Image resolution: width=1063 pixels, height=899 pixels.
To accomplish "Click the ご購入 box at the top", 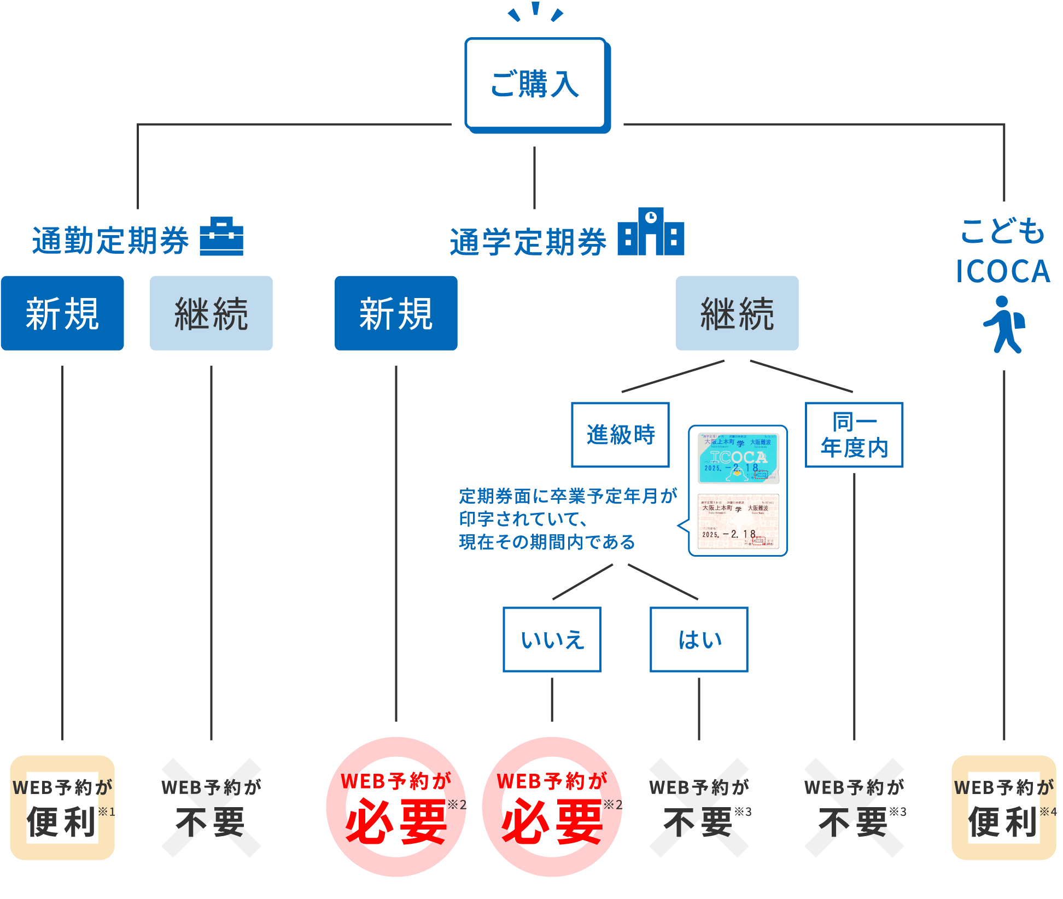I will tap(536, 84).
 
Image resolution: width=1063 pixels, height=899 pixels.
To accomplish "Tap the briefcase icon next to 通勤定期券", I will tap(221, 235).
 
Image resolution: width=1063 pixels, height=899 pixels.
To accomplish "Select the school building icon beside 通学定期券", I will tap(651, 232).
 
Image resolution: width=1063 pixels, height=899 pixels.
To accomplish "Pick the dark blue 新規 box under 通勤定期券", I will tap(62, 313).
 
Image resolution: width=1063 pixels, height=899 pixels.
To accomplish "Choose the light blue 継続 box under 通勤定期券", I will tap(211, 313).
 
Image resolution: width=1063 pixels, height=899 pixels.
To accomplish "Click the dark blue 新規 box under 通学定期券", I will tap(396, 313).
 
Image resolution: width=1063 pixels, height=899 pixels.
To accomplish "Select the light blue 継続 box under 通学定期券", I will tap(737, 313).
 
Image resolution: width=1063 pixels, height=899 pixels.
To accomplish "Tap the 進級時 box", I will tap(620, 435).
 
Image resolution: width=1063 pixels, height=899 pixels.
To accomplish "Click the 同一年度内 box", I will tap(854, 435).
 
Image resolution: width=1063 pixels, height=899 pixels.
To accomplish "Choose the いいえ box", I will tap(552, 639).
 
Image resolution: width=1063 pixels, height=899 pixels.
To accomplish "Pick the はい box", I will tap(699, 639).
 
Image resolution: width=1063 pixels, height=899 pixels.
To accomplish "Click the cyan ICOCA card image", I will tap(738, 458).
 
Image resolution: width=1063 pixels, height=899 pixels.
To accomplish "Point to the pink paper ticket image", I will tap(738, 521).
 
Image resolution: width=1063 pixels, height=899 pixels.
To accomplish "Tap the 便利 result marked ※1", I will tap(62, 808).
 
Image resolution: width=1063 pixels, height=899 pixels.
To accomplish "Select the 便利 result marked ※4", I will tap(1004, 808).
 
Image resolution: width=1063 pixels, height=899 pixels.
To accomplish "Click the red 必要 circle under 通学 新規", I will tap(396, 807).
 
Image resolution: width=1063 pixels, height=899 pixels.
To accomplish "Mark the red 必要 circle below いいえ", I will tap(552, 807).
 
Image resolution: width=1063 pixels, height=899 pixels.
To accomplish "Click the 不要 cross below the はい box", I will tap(699, 808).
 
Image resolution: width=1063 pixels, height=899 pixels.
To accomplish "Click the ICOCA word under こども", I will tap(1003, 271).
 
